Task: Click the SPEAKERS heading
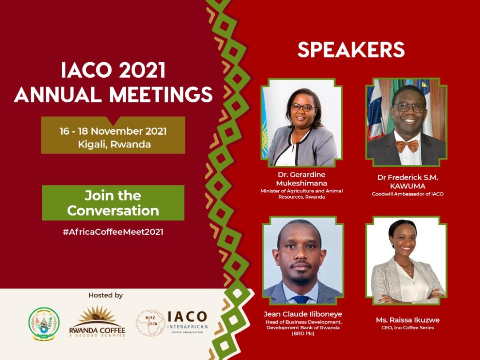click(x=351, y=50)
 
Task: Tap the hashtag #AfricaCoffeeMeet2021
click(x=113, y=232)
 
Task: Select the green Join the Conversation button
click(x=113, y=203)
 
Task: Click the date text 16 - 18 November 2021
click(x=113, y=131)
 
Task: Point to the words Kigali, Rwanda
click(x=113, y=144)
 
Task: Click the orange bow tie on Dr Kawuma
click(x=407, y=145)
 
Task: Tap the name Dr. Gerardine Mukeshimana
click(x=301, y=179)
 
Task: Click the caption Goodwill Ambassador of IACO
click(x=408, y=194)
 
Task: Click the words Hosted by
click(x=105, y=295)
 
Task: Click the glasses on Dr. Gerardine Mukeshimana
click(x=303, y=107)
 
